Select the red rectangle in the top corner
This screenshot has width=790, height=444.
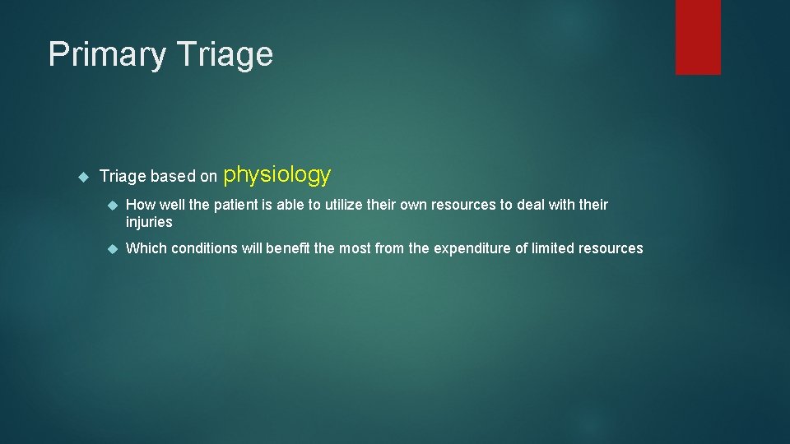pos(698,37)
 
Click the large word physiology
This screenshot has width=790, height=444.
pos(277,175)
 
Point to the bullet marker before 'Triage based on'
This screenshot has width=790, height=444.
pos(82,176)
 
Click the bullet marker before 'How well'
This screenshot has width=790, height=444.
pos(113,205)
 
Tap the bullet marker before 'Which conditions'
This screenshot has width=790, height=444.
pos(113,248)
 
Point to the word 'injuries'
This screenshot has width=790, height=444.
pos(149,222)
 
